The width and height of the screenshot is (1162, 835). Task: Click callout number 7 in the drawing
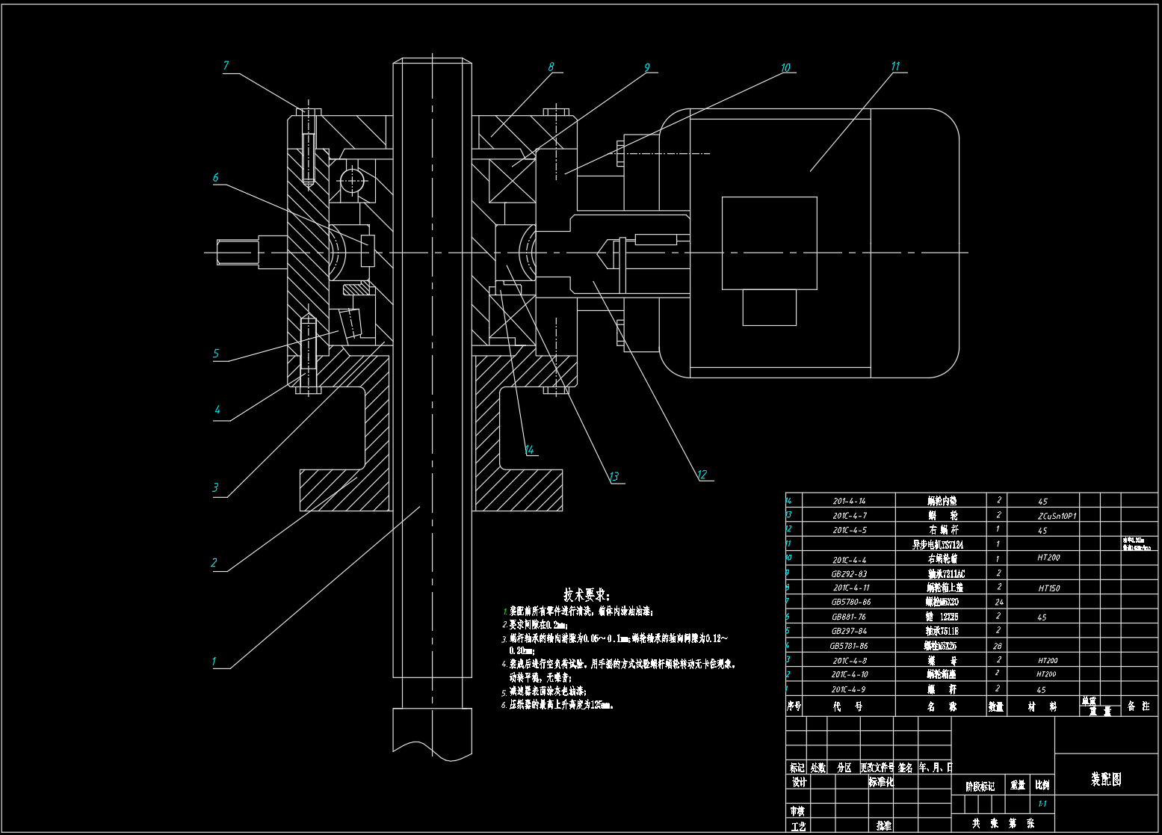pyautogui.click(x=226, y=66)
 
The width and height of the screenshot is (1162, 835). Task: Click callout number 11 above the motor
pyautogui.click(x=895, y=67)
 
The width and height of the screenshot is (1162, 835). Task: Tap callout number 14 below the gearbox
pyautogui.click(x=529, y=450)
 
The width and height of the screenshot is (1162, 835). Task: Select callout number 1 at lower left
pyautogui.click(x=214, y=662)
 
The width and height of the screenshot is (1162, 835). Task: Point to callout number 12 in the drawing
pyautogui.click(x=701, y=475)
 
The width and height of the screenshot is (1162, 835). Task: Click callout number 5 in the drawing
pyautogui.click(x=216, y=354)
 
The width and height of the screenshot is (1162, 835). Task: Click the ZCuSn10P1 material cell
pyautogui.click(x=1056, y=516)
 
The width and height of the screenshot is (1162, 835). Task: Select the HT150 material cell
pyautogui.click(x=1048, y=588)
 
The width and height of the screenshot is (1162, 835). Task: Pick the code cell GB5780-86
pyautogui.click(x=850, y=603)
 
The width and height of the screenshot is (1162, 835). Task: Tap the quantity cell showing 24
pyautogui.click(x=998, y=603)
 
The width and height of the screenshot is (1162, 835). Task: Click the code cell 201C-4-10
pyautogui.click(x=850, y=674)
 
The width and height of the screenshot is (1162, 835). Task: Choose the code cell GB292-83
pyautogui.click(x=849, y=574)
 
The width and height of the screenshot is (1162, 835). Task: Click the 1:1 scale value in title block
pyautogui.click(x=1042, y=804)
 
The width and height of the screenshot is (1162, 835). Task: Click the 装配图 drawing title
pyautogui.click(x=1106, y=779)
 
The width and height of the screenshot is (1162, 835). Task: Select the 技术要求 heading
pyautogui.click(x=587, y=595)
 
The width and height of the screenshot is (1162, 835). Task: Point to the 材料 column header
pyautogui.click(x=1042, y=706)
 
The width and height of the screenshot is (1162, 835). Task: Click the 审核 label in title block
pyautogui.click(x=798, y=811)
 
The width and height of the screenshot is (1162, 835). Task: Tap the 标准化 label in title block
pyautogui.click(x=881, y=782)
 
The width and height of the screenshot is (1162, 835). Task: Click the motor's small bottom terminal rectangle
pyautogui.click(x=769, y=307)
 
